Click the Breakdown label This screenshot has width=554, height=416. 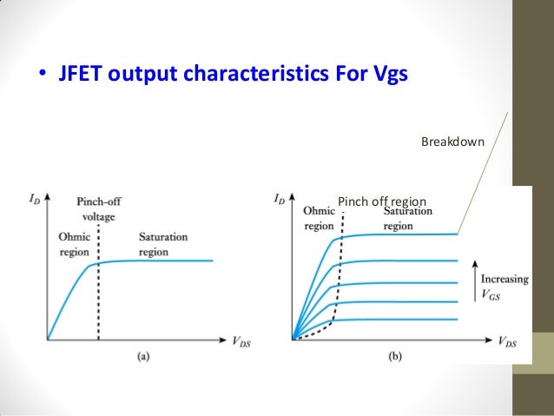pos(452,141)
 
